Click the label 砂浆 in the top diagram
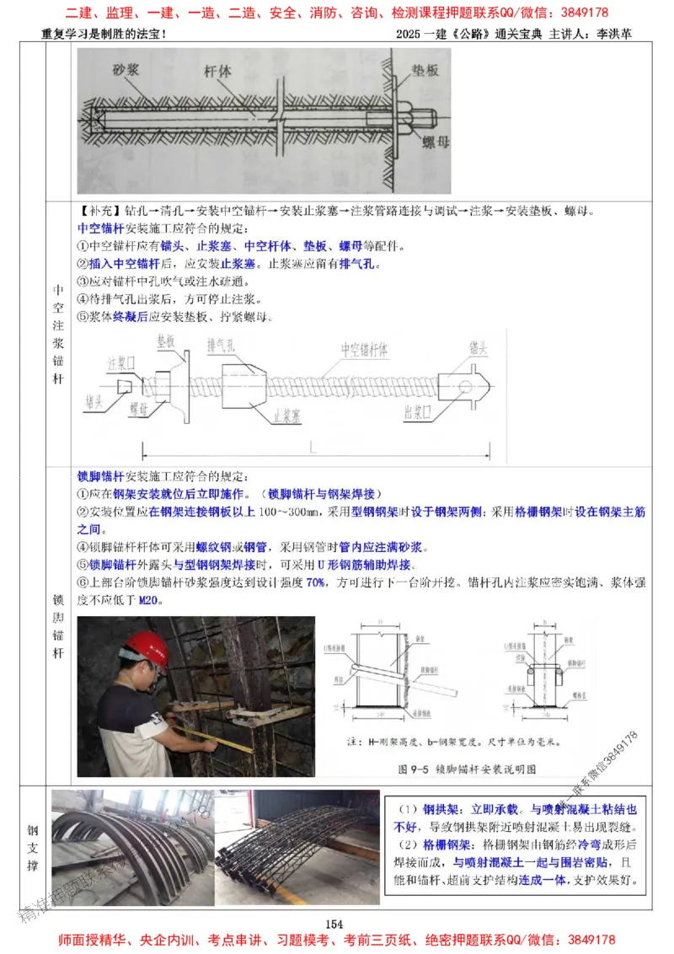(x=127, y=71)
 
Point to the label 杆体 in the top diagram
(x=217, y=71)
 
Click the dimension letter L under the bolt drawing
(x=313, y=444)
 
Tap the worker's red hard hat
(x=143, y=648)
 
